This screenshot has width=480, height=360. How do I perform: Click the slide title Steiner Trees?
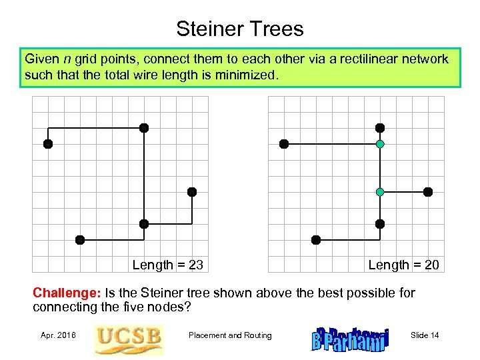pos(239,29)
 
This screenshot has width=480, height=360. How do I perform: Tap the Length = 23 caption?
pos(167,265)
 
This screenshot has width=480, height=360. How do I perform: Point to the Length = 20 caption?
pos(403,265)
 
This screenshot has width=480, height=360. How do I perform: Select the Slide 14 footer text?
pos(425,335)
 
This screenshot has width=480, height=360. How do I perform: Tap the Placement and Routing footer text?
pos(230,335)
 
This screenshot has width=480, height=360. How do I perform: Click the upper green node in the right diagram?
pos(380,144)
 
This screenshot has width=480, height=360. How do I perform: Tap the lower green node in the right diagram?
pos(380,192)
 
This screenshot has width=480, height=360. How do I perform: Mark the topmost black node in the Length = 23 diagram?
pos(144,128)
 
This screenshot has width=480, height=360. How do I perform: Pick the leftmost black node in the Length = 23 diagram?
pos(48,144)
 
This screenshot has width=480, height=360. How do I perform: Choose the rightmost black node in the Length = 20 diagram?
pos(428,192)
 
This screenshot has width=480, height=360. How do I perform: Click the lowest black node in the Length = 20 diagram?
pos(316,240)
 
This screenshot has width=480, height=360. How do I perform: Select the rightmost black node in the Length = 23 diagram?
pos(192,192)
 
